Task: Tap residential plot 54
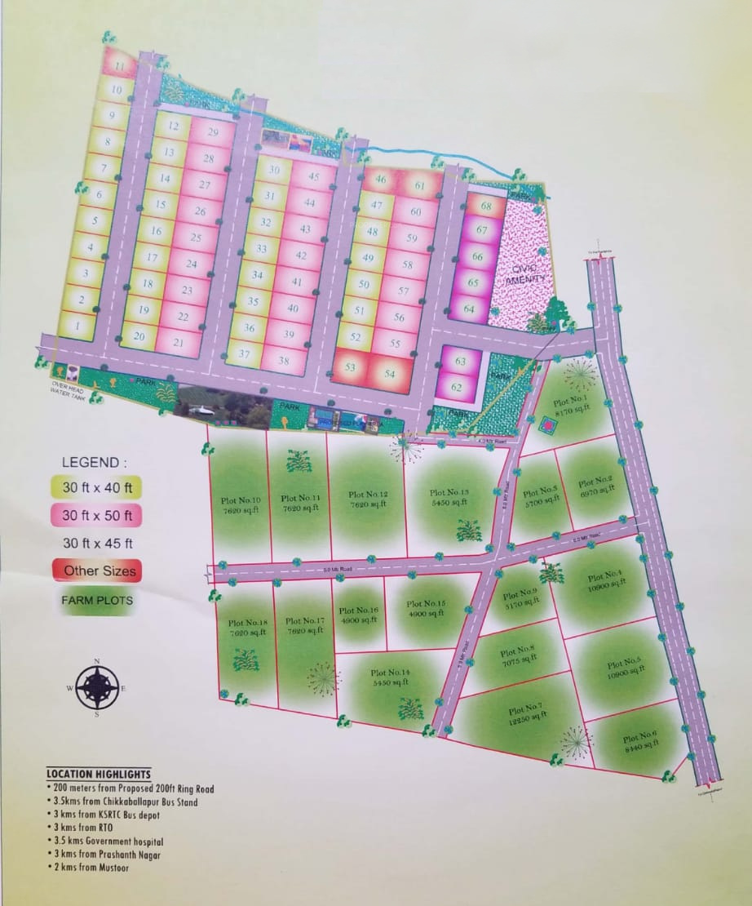[x=389, y=373]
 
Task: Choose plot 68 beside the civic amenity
[x=487, y=207]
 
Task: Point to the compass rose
[x=96, y=686]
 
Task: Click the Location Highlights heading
[x=99, y=774]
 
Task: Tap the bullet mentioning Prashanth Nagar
[x=106, y=855]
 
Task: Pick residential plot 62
[x=458, y=387]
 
